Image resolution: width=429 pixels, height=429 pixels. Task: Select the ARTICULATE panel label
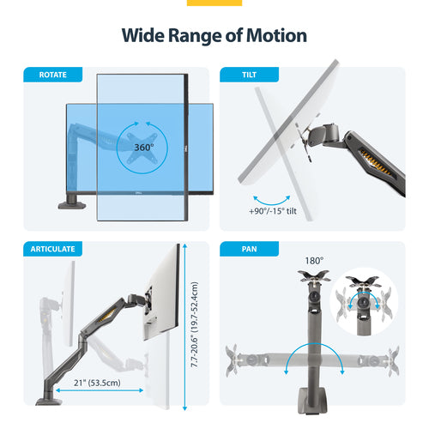(53, 249)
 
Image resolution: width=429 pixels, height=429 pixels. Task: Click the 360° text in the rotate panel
(143, 148)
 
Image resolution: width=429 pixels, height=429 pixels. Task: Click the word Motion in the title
(268, 35)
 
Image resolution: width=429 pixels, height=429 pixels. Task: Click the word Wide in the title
(143, 35)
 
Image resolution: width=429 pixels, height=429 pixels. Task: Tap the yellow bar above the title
(214, 3)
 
